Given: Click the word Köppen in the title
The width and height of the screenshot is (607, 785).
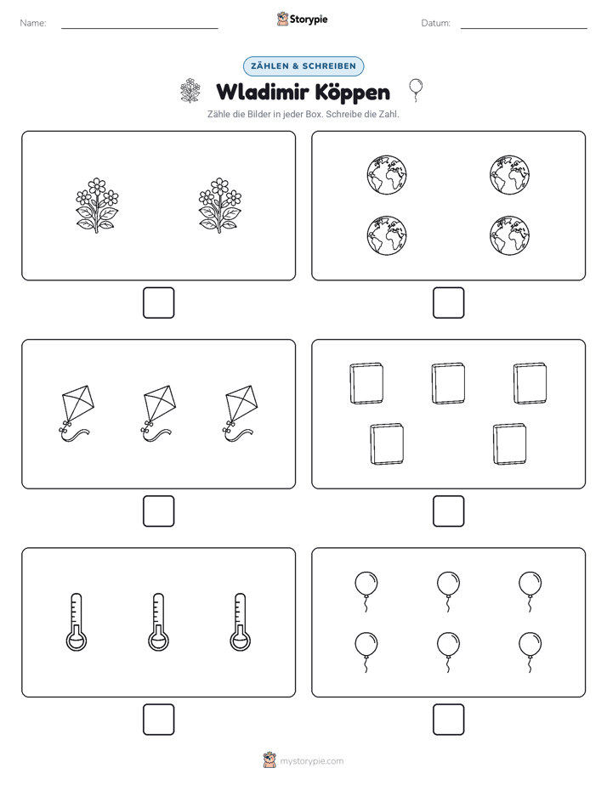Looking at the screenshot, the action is coord(353,93).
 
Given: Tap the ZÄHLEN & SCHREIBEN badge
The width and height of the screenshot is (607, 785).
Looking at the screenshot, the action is coord(303,66).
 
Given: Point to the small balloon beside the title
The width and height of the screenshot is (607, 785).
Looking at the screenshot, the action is coord(416,90).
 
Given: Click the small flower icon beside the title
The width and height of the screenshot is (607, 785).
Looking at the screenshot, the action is coord(190,91).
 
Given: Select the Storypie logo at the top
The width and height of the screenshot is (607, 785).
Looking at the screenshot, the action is coord(302,20).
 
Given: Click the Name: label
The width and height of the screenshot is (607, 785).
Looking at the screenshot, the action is coord(33,23).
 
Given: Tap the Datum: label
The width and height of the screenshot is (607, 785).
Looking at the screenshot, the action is coord(436,23).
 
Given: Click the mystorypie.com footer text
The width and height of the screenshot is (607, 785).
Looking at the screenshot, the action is coord(311,761).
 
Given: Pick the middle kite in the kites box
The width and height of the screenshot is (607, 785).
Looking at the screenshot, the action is coord(158,414).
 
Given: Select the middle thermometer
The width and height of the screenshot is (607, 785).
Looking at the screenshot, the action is coord(158,622).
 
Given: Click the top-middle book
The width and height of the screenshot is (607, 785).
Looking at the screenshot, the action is coord(448,383).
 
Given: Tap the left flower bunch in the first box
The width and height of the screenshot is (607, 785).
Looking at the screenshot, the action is coord(97,206).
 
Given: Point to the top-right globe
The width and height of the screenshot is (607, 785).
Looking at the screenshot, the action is coord(510,175).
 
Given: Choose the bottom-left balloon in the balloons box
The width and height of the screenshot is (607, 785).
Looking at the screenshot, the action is coord(366,652).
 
